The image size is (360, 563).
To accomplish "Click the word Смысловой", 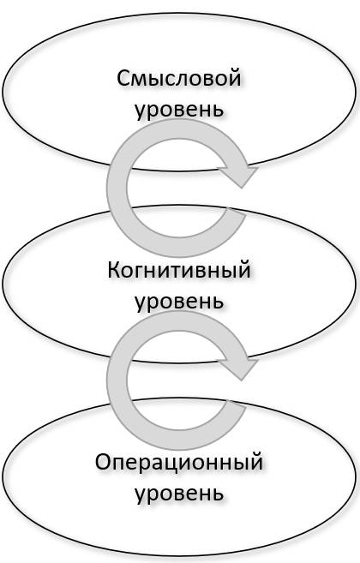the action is [178, 78].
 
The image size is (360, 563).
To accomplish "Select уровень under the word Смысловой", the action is [179, 110].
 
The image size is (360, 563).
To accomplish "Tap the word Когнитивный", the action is [179, 270].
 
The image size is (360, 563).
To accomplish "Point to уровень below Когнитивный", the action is [179, 301].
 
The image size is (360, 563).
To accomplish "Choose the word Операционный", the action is [179, 462].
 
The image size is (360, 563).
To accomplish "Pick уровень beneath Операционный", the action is [179, 494].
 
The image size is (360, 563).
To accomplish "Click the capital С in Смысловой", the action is [123, 78].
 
